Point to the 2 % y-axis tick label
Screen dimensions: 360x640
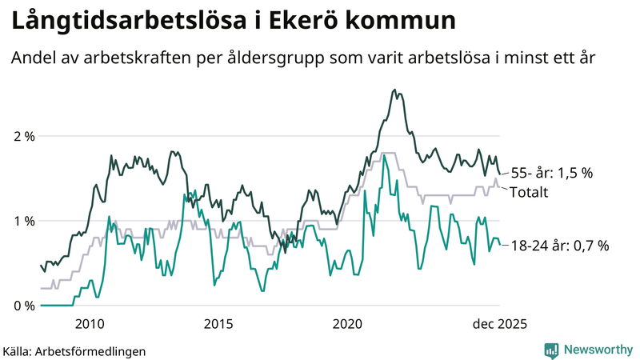(24, 136)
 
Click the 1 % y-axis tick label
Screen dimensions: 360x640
(24, 221)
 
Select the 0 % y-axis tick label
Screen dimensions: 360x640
(24, 306)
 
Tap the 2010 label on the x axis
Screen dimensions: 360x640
(89, 323)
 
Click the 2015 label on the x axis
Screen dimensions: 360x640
(218, 323)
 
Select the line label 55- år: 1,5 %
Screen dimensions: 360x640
(551, 173)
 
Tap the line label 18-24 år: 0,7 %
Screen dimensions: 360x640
(559, 246)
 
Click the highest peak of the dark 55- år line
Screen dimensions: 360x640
(394, 90)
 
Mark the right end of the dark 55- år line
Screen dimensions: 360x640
(500, 174)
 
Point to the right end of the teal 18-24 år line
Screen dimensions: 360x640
(500, 245)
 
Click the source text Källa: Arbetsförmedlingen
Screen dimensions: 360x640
(74, 350)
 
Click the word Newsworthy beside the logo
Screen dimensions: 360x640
(597, 350)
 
